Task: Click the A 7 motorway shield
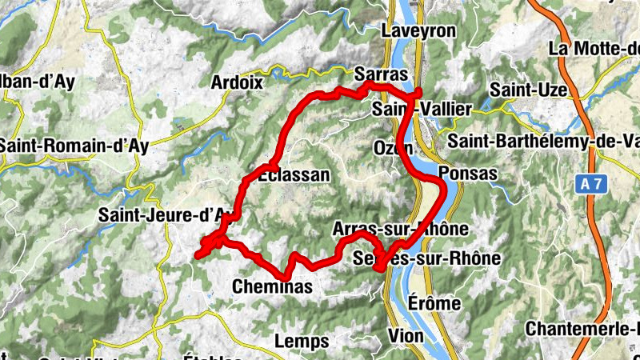pos(590,184)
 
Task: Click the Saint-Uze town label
pos(525,87)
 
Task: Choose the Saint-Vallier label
pos(422,108)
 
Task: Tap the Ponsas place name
pos(468,173)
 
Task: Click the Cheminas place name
pos(272,286)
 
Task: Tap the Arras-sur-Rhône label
pos(399,229)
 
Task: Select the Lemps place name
pos(301,342)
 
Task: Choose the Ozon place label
pos(393,148)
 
